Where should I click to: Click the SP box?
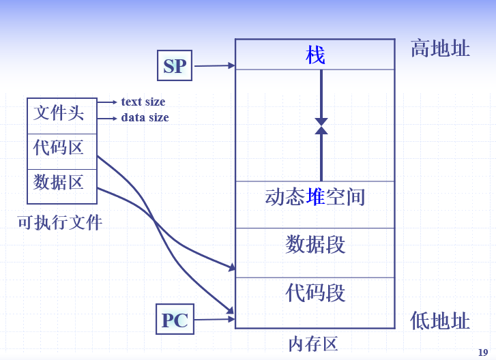click(175, 66)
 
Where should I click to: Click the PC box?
click(175, 320)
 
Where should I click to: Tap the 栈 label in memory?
click(315, 55)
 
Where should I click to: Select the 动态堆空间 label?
click(315, 198)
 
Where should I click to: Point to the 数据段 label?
click(315, 244)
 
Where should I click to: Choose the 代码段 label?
click(315, 293)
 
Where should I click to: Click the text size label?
click(143, 102)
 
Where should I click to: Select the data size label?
click(145, 118)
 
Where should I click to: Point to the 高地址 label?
click(440, 48)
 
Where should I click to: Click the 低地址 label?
click(440, 320)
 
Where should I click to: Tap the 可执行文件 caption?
click(60, 222)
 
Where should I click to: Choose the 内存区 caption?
click(313, 344)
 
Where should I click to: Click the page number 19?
click(482, 352)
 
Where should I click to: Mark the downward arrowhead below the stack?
click(321, 121)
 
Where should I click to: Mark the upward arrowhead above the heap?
click(321, 130)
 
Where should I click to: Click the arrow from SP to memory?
click(214, 66)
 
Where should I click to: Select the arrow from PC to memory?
click(214, 319)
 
